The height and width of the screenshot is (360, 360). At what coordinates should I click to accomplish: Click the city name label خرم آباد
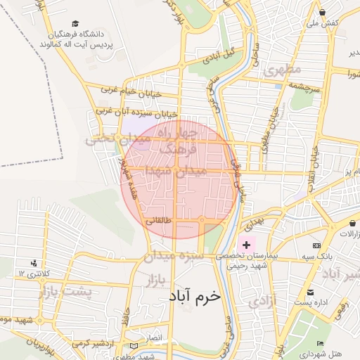click(194, 296)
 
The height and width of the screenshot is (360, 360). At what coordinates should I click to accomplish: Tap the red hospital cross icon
click(246, 244)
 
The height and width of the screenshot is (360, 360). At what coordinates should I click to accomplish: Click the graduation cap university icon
click(75, 22)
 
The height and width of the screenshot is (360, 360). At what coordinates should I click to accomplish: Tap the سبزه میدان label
click(174, 257)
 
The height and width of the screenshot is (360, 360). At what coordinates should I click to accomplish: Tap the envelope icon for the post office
click(309, 292)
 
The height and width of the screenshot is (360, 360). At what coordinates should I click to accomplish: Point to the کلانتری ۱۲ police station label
click(32, 272)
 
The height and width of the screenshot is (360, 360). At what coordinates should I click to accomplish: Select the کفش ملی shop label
click(323, 22)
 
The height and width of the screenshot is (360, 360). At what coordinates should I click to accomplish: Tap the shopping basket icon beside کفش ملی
click(322, 12)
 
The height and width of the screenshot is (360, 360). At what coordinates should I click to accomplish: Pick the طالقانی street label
click(158, 220)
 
